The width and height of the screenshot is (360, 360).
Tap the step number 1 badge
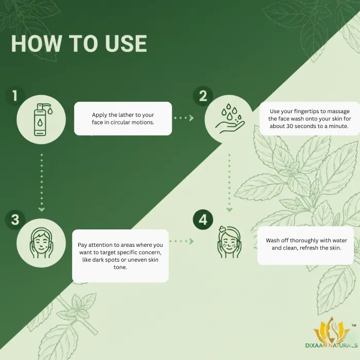click(15, 96)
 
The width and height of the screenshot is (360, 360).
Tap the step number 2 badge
click(203, 96)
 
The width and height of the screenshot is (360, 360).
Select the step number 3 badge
click(15, 220)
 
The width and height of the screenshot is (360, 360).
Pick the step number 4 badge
click(203, 220)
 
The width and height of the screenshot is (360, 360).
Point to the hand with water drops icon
click(230, 118)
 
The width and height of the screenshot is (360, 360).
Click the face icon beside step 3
click(42, 243)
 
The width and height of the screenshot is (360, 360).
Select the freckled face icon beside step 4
click(229, 242)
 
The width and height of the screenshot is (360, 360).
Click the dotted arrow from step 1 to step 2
click(184, 118)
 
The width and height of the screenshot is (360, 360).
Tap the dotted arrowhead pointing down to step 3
click(42, 209)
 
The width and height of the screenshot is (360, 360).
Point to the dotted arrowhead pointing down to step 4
click(229, 209)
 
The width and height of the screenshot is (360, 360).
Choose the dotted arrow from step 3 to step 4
click(182, 241)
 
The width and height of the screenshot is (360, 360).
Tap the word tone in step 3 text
click(120, 267)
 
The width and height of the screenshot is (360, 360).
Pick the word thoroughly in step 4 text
click(305, 241)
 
